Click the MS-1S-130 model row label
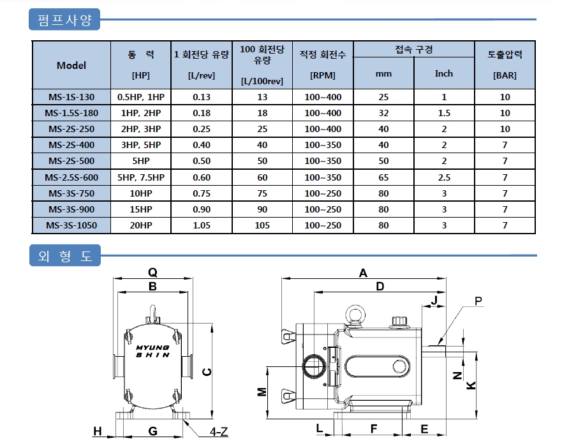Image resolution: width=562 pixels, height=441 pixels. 71,97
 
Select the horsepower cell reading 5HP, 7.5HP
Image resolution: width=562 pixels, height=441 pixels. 141,177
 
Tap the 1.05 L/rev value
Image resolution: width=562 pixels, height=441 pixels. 202,225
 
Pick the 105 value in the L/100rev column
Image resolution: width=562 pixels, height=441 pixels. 262,225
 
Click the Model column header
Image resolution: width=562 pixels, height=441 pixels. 71,65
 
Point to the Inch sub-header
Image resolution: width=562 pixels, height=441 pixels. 444,73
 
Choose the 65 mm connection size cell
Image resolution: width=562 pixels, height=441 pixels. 383,177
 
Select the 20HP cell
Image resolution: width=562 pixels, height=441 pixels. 141,225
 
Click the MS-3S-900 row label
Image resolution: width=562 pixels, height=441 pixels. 71,209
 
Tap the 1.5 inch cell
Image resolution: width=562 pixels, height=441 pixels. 444,114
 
